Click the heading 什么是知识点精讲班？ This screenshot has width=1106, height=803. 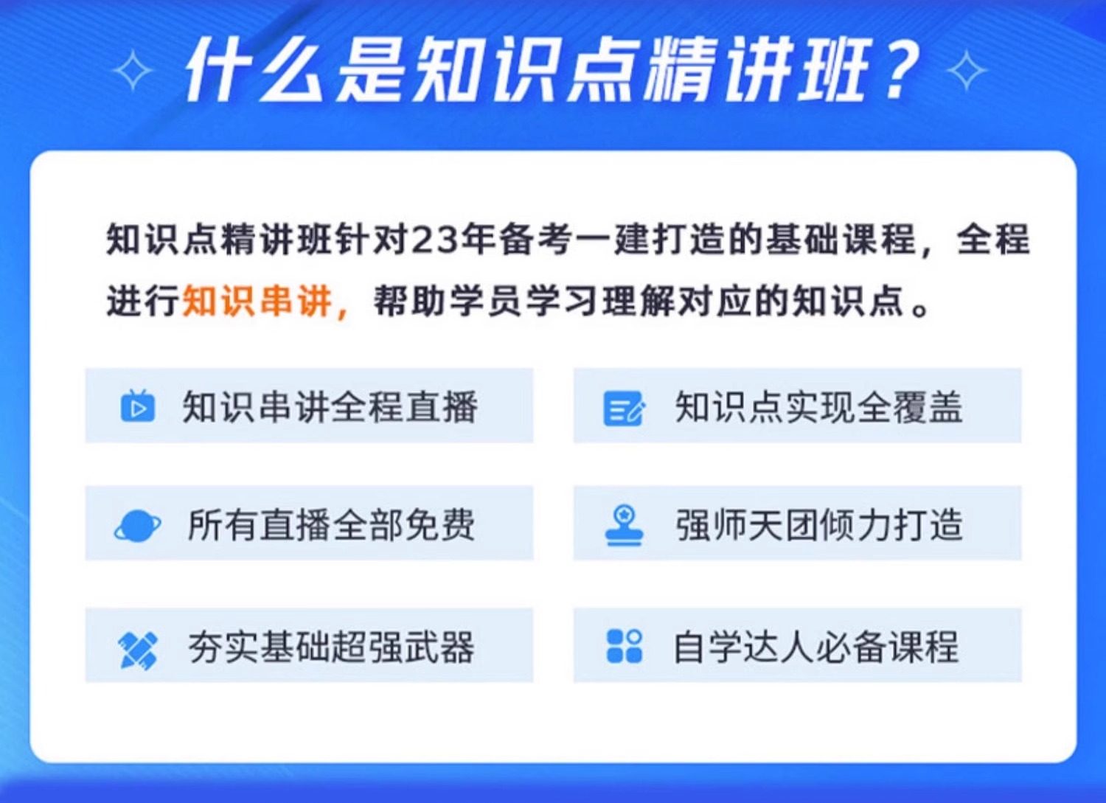pyautogui.click(x=551, y=71)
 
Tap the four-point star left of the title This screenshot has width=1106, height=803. pyautogui.click(x=132, y=71)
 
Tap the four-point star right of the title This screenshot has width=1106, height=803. pyautogui.click(x=966, y=71)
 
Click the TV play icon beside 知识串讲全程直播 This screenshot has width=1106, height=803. pyautogui.click(x=138, y=406)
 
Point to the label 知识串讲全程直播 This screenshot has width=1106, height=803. pyautogui.click(x=330, y=406)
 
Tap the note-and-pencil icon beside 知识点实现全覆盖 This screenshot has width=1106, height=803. pyautogui.click(x=624, y=408)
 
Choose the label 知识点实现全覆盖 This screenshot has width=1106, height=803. pyautogui.click(x=819, y=406)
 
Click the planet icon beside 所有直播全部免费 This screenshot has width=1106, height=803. pyautogui.click(x=137, y=526)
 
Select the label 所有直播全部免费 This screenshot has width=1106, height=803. pyautogui.click(x=331, y=524)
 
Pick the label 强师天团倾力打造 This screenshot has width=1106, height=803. pyautogui.click(x=819, y=524)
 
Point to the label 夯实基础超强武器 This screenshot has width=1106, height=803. pyautogui.click(x=331, y=647)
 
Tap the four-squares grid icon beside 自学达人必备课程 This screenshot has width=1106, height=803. pyautogui.click(x=624, y=646)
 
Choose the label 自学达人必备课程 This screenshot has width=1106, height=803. pyautogui.click(x=816, y=647)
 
